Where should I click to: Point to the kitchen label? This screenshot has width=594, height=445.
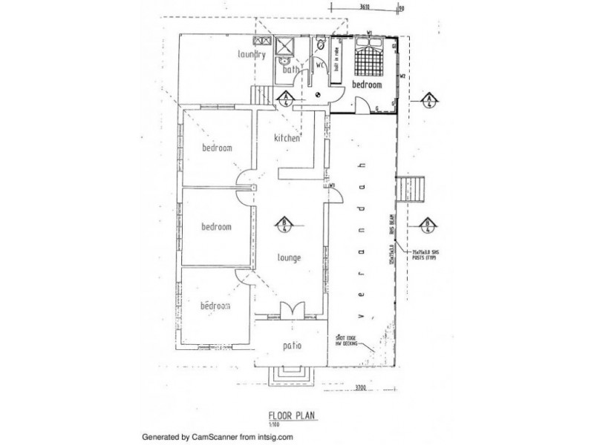(287, 139)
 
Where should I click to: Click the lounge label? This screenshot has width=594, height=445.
(287, 258)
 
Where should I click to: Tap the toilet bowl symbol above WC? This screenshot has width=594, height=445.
(320, 46)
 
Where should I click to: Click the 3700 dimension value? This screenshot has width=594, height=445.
(359, 388)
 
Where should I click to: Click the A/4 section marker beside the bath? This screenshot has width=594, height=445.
(285, 99)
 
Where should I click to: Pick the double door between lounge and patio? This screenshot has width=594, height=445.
(290, 310)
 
